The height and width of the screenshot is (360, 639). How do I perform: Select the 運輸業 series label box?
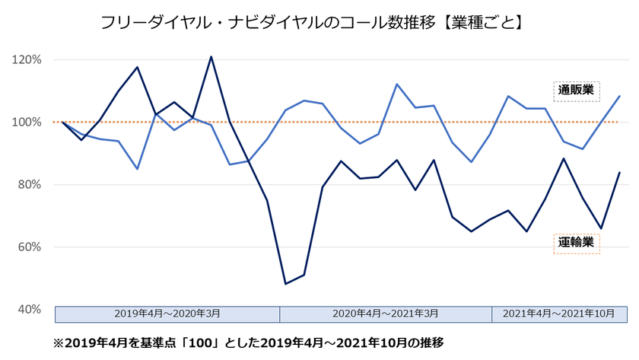576,244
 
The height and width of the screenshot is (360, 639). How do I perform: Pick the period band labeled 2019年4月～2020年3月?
167,314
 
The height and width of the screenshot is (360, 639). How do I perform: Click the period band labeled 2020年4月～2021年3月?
386,314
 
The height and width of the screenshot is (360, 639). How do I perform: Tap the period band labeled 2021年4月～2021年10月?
560,314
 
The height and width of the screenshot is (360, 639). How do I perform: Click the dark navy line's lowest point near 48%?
285,284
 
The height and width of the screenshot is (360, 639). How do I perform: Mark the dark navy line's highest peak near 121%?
211,56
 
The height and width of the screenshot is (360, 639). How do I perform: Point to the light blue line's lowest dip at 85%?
137,169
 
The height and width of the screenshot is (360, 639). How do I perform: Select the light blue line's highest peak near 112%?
397,84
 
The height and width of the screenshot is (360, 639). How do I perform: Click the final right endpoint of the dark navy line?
620,173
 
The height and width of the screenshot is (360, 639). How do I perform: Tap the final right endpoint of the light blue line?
620,96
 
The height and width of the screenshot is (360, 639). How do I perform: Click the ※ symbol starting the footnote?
58,342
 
